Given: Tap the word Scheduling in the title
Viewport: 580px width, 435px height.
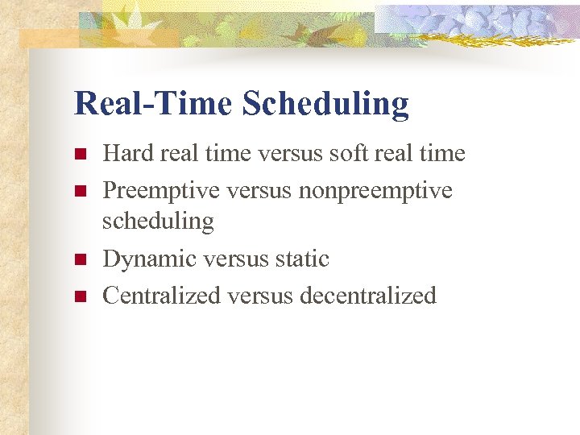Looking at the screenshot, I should tap(325, 104).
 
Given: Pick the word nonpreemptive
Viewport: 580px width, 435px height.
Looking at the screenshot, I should tap(375, 191).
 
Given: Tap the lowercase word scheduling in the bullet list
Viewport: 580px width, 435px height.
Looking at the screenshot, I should tap(158, 222).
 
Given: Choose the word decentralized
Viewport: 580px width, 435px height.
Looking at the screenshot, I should tap(367, 296).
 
